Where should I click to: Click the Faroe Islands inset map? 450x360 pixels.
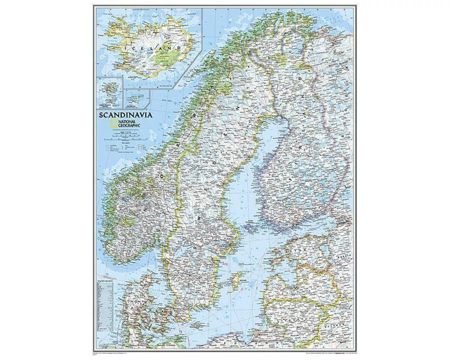(x=109, y=93)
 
